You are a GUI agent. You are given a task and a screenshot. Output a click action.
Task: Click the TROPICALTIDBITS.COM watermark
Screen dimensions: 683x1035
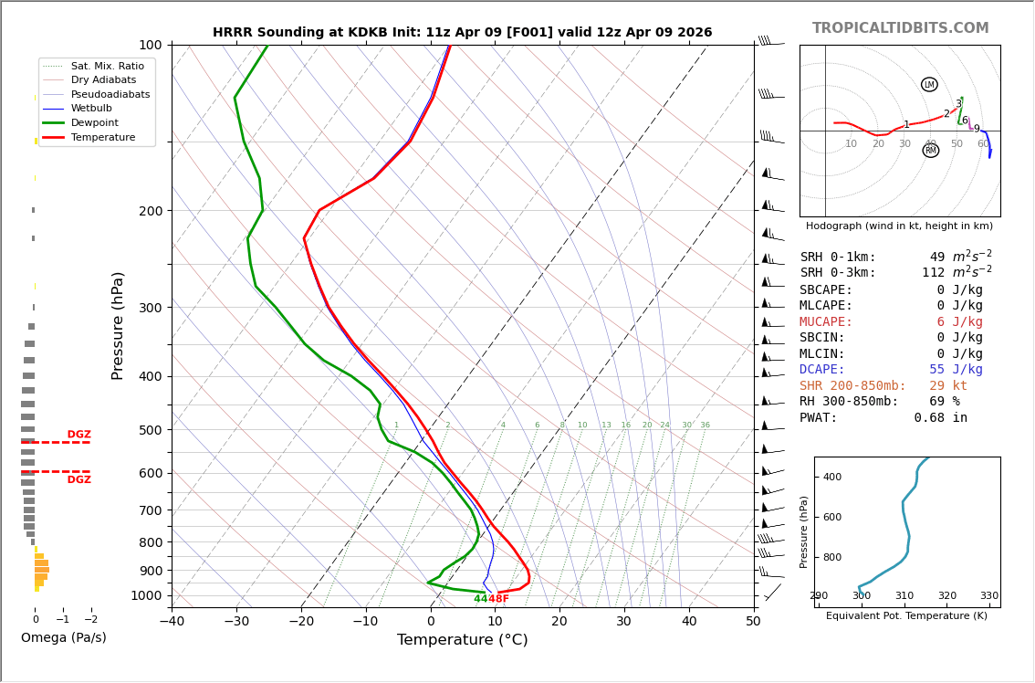[900, 28]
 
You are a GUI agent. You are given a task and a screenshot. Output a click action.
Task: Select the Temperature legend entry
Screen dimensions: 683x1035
[102, 137]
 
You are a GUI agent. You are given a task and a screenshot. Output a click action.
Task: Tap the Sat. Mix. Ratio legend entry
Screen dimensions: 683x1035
[107, 66]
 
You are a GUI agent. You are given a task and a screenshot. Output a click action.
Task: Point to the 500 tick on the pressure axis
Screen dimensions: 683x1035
[150, 430]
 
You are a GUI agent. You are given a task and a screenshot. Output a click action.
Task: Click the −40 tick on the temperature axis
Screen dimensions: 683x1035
[172, 622]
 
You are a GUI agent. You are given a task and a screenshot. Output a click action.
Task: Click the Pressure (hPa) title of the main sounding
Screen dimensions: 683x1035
[118, 325]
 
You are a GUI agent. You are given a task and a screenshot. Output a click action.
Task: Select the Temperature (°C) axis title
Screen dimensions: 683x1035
[462, 640]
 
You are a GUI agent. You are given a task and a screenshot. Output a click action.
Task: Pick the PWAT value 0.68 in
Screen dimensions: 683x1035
[940, 418]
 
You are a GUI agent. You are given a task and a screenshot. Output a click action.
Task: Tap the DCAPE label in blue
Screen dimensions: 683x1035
[822, 370]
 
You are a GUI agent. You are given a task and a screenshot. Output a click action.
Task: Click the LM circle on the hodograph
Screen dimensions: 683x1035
[929, 85]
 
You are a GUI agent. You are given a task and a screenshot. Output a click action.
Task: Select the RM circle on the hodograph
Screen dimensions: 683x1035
[930, 151]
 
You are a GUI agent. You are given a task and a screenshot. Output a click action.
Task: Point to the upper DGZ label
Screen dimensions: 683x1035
[78, 435]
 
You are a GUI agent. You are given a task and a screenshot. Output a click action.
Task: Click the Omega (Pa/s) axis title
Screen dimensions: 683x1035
[63, 637]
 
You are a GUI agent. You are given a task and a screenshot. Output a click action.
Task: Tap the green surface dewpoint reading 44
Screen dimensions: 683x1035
[480, 599]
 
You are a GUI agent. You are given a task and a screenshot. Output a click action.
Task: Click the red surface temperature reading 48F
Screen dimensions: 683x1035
[498, 599]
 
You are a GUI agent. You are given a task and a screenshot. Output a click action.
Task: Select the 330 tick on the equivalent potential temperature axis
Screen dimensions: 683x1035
[988, 596]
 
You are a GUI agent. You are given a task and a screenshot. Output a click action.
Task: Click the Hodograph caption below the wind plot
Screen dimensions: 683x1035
[899, 226]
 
